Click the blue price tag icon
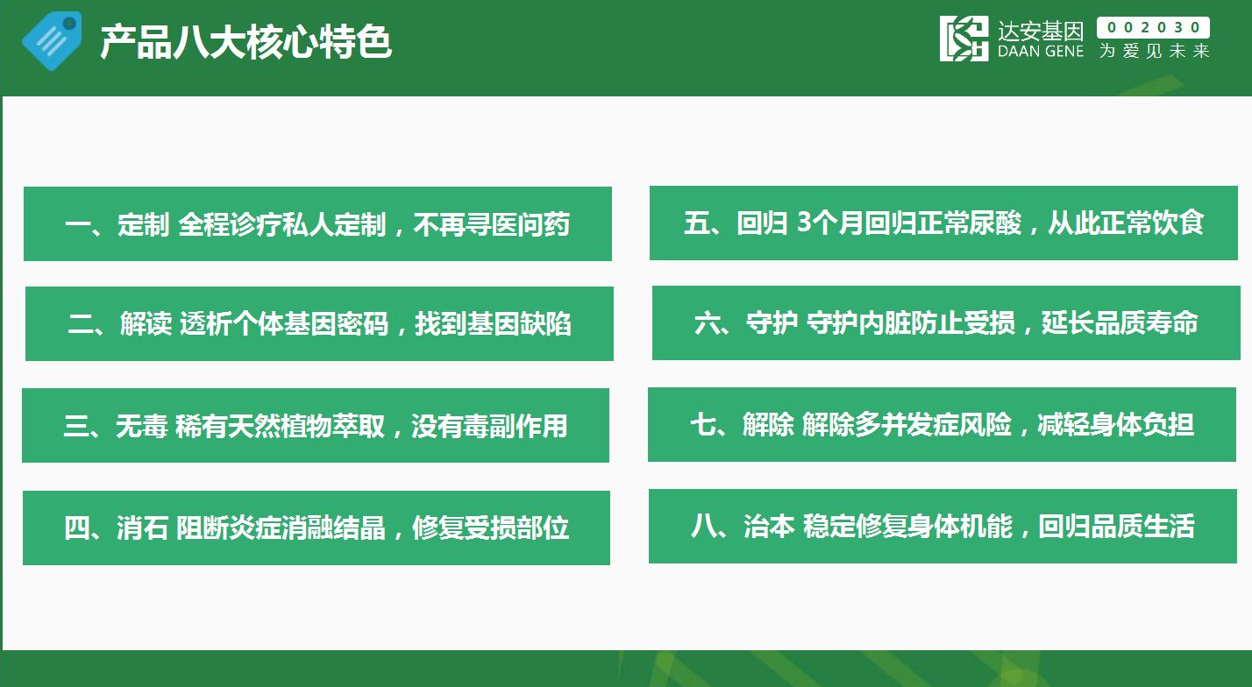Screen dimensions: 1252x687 pos(52,41)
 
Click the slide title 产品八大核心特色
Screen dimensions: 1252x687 pos(245,42)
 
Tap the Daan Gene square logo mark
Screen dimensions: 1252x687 pos(964,39)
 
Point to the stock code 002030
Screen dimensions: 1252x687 pos(1153,27)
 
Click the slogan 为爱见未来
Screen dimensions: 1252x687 pos(1154,51)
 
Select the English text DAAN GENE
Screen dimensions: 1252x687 pos(1041,52)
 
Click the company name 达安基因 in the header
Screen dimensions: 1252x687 pos(1041,31)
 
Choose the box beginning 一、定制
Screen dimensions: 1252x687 pos(317,223)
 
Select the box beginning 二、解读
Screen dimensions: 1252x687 pos(319,323)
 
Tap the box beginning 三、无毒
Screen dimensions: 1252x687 pos(316,425)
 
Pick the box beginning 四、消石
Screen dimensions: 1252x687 pos(317,528)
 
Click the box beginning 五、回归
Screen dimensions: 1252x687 pos(943,223)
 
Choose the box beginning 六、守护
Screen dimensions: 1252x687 pos(946,322)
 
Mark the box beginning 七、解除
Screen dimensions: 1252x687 pos(942,424)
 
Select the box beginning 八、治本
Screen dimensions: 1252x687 pos(943,526)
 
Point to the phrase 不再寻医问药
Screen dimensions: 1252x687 pos(492,224)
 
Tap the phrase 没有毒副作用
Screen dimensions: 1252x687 pos(489,426)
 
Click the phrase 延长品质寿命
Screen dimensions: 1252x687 pos(1120,322)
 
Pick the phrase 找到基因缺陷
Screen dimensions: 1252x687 pos(493,324)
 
